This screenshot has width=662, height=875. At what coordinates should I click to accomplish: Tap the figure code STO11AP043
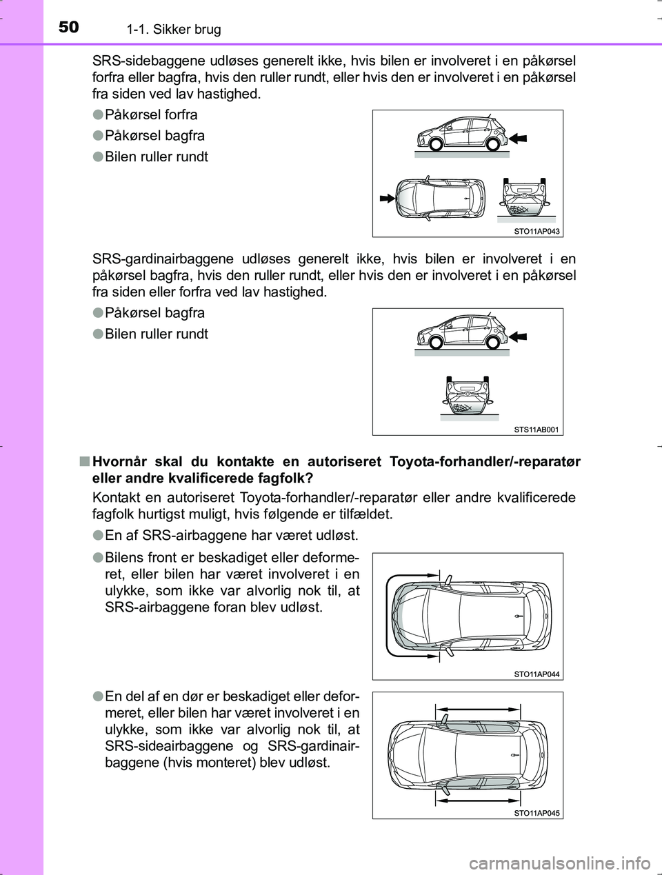click(x=536, y=232)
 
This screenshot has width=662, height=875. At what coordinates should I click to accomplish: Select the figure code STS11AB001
click(x=536, y=430)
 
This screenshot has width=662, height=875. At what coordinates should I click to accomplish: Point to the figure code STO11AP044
click(x=536, y=674)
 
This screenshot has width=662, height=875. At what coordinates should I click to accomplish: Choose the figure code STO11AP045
click(x=536, y=813)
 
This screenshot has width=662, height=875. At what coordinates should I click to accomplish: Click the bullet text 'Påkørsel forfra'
click(x=151, y=114)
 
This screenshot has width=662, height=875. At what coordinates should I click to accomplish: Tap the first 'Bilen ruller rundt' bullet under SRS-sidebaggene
click(x=157, y=157)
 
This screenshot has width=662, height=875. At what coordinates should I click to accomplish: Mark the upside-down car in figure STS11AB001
click(x=469, y=395)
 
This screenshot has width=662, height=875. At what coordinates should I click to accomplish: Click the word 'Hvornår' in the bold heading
click(x=121, y=462)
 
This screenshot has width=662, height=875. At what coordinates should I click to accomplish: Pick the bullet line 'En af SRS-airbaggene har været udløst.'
click(x=231, y=534)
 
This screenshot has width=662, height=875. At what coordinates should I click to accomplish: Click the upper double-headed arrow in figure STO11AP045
click(x=478, y=709)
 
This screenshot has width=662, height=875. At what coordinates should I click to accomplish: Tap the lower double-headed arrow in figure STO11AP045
click(x=478, y=801)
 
